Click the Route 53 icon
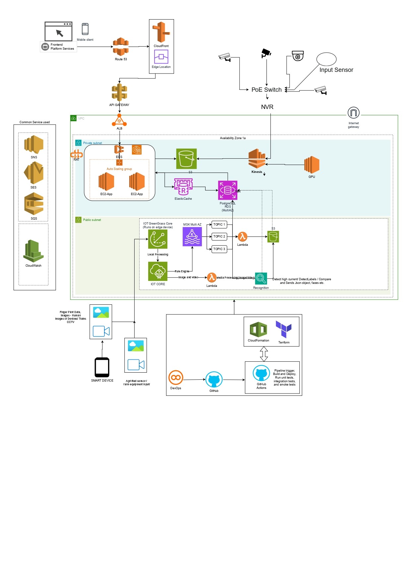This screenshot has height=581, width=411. coord(121,47)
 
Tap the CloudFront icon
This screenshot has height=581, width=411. coord(161,32)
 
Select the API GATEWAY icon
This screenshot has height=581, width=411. coord(120,92)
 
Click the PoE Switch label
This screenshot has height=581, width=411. coord(266,90)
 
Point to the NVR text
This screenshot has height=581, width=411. coord(267,107)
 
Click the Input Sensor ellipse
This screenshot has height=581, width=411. coord(326,59)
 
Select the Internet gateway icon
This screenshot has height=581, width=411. coord(354,113)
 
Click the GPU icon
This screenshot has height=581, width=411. coord(312,165)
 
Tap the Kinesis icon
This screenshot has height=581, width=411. coord(257,159)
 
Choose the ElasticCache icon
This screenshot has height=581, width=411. coord(183,187)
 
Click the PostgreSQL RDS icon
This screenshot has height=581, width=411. coord(228,190)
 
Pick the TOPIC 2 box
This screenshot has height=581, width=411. coord(219,237)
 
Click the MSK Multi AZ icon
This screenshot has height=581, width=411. coord(192,237)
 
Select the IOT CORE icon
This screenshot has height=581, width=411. coord(158,271)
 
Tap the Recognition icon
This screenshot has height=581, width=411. coord(261,279)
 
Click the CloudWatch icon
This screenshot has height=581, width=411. coord(33,251)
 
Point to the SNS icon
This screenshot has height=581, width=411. coord(34,144)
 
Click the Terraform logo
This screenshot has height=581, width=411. coord(284,329)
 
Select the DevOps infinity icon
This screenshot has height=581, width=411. coord(176,378)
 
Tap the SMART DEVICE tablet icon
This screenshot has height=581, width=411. coord(102,367)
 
